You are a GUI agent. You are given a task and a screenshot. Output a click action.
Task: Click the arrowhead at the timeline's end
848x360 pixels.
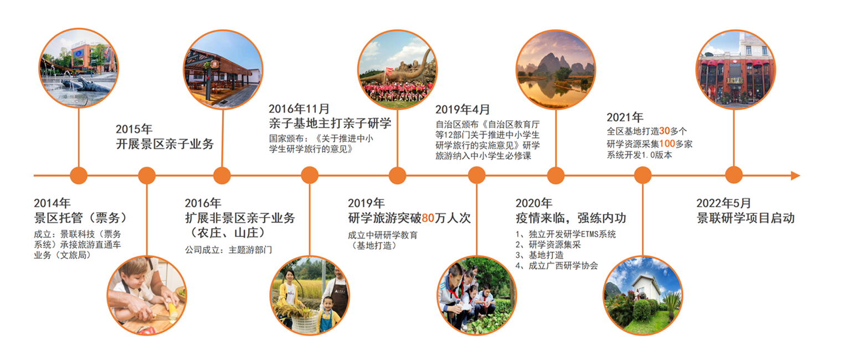pos(795,176)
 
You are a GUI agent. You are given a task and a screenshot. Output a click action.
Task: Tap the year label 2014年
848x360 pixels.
pos(52,203)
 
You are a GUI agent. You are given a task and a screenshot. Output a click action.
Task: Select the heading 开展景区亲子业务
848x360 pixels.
pos(165,144)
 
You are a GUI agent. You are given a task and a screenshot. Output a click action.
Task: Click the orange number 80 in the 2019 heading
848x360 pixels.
pos(428,218)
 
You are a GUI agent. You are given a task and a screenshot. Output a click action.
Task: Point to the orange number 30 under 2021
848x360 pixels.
pos(665,131)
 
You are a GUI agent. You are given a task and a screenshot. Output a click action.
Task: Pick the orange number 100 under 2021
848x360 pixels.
pos(667,144)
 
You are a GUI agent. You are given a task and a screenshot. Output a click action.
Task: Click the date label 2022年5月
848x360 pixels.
pos(723,203)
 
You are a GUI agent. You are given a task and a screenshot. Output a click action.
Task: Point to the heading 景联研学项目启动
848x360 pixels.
pos(746,218)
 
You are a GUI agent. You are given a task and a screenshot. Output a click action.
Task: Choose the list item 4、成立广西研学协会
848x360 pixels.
pos(557,266)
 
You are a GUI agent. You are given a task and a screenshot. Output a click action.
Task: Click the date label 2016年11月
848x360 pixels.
pos(299,109)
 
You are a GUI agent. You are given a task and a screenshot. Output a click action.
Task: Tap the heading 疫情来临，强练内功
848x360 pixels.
pos(571,218)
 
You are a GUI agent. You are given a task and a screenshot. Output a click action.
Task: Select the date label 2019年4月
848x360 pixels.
pos(462,110)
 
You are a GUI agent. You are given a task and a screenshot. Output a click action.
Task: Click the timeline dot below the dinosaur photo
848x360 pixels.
pos(398,176)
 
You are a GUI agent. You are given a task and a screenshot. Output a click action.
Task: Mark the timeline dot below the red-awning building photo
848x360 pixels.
pos(734,176)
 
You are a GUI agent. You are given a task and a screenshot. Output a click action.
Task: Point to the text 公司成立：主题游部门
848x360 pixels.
pos(228,250)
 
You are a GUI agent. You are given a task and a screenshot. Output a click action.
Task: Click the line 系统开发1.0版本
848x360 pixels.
pos(639,155)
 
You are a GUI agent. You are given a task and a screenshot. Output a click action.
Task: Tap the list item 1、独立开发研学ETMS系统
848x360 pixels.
pos(566,234)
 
